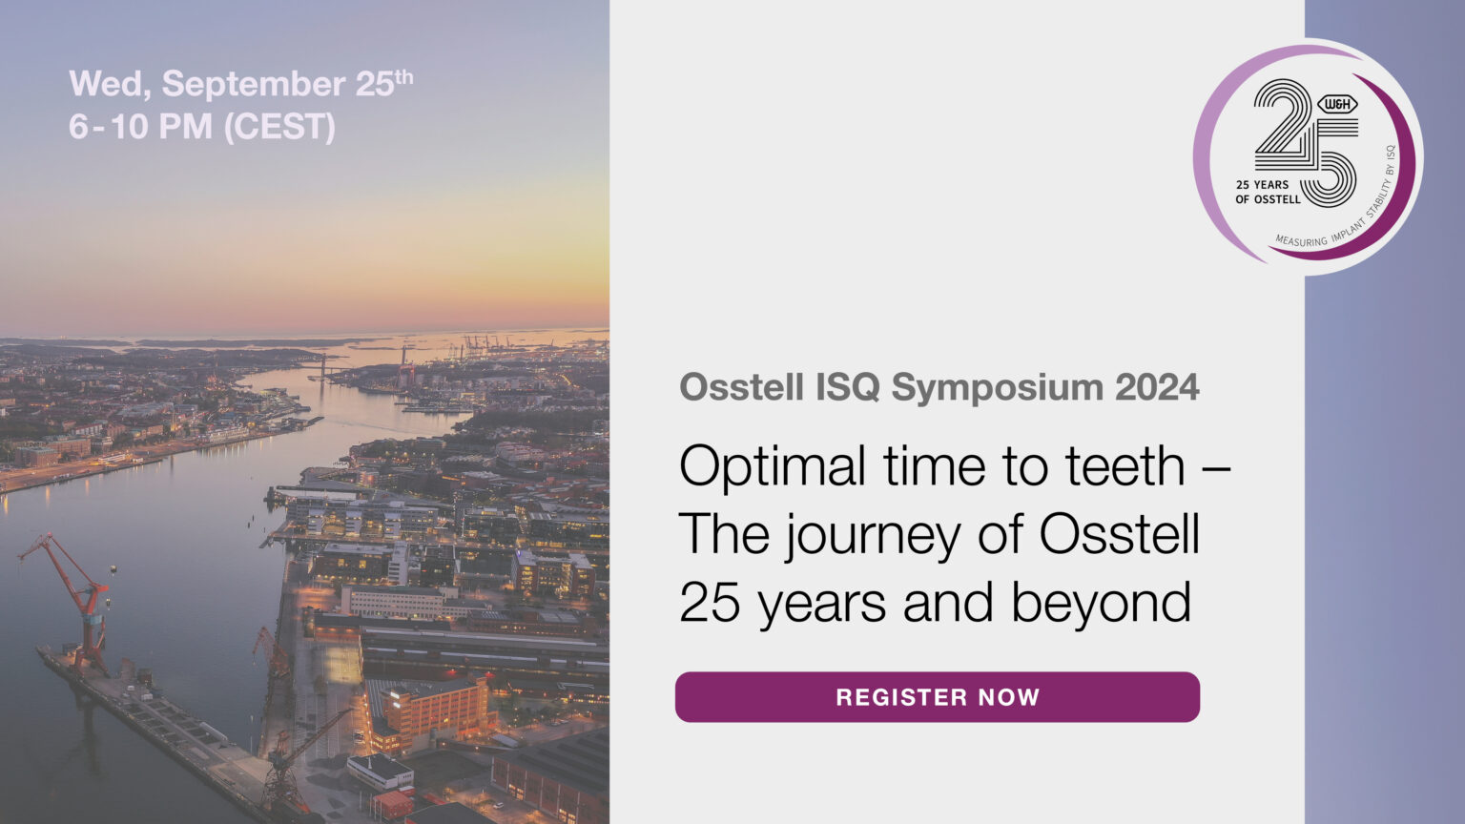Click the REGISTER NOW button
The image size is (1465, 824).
(x=937, y=697)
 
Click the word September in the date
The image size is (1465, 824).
(x=253, y=84)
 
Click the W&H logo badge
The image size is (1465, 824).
(x=1336, y=104)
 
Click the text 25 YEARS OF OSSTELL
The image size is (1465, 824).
(x=1267, y=192)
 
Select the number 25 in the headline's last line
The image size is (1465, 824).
(x=710, y=603)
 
